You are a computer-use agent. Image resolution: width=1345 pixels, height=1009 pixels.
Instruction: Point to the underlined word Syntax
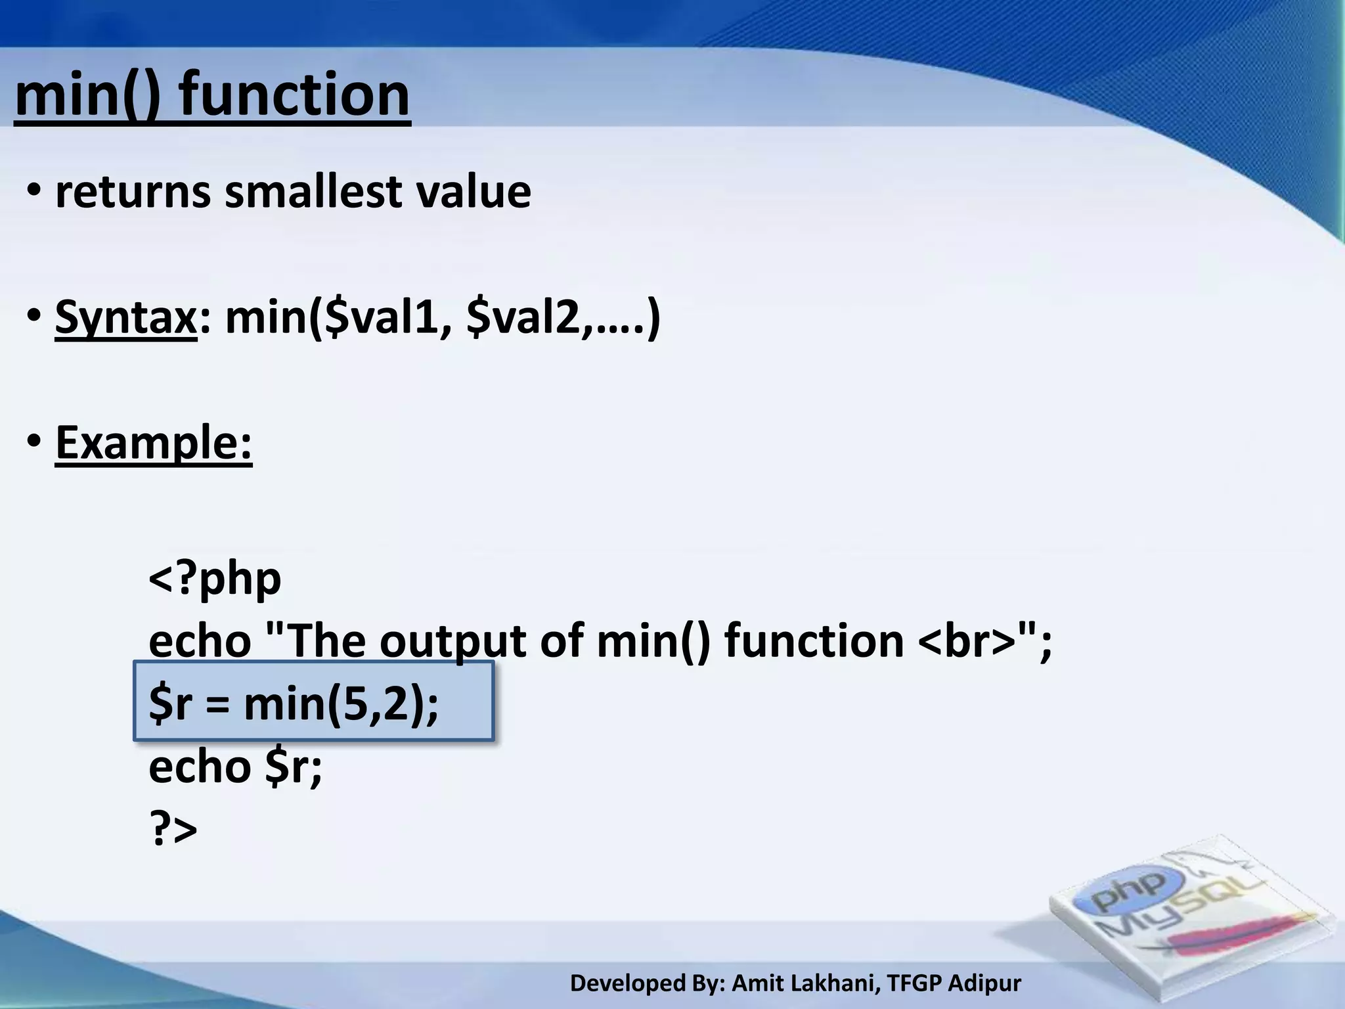(x=125, y=317)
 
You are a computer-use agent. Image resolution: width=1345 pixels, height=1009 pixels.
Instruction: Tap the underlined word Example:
(x=154, y=443)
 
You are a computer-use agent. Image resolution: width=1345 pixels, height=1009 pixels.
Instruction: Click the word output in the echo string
(x=452, y=641)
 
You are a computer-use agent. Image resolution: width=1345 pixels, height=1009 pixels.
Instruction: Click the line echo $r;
(x=235, y=767)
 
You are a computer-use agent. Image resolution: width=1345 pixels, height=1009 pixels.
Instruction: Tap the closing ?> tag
(x=173, y=829)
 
